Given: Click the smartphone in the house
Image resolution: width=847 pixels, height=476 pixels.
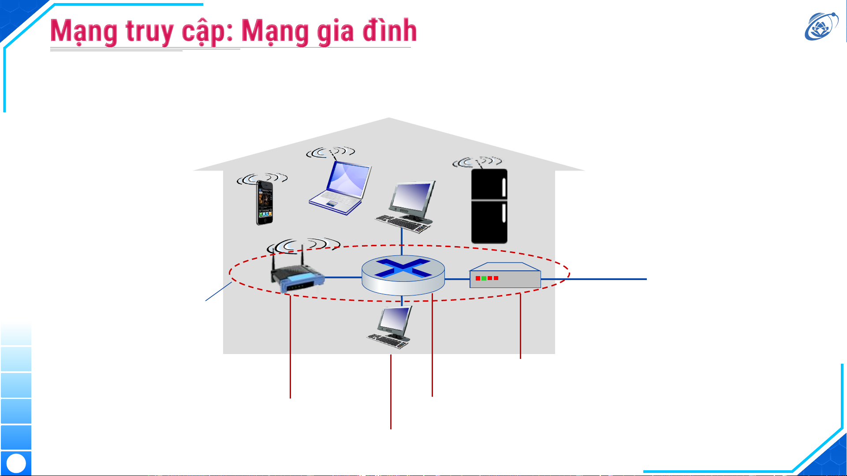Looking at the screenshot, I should coord(264,203).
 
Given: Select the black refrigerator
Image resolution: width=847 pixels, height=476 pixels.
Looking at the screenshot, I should coord(489,206).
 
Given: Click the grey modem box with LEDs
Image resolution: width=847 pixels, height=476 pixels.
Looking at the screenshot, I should coord(505,277).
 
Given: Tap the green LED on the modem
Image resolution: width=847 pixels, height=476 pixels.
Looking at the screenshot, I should coord(484,278).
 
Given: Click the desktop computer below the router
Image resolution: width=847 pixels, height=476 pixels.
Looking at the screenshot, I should coord(390,328).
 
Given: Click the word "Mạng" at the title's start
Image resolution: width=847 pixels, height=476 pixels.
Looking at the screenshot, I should coord(84,32).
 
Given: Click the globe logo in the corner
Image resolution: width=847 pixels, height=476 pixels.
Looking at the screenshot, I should coord(821,26).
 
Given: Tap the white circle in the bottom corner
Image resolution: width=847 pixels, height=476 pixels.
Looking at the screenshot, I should coord(16,463).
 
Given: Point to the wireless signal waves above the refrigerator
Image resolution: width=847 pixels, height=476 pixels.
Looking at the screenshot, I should coord(477,162).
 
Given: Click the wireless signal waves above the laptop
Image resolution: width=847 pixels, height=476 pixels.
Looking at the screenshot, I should coord(331,152).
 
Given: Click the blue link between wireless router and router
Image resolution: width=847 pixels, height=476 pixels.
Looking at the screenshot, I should coord(343,277).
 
